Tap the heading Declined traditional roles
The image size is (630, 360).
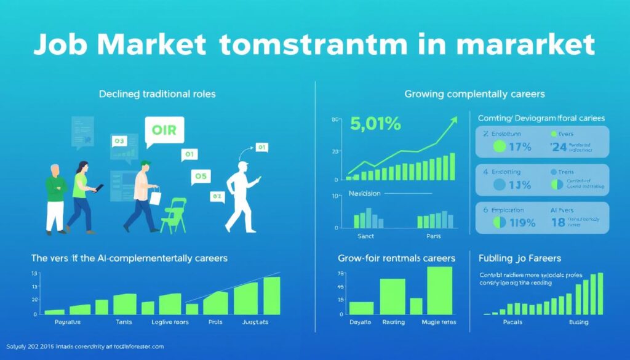pos(158,94)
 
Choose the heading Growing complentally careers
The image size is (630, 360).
pos(474,94)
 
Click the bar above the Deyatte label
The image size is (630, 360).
pos(361,308)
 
